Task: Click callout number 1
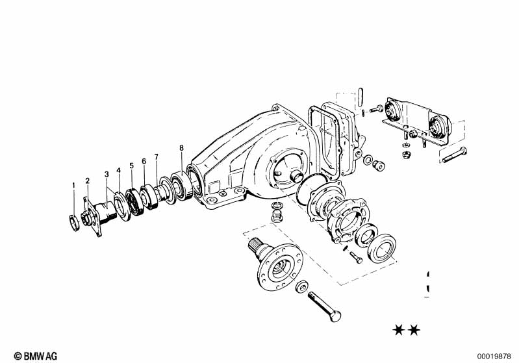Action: click(x=74, y=185)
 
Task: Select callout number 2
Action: click(x=88, y=181)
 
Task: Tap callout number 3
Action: click(x=107, y=175)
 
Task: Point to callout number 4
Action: click(x=119, y=170)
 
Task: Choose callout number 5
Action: click(x=131, y=166)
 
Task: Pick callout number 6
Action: click(x=144, y=161)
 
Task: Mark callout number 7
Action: click(x=157, y=156)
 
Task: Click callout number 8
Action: click(x=181, y=148)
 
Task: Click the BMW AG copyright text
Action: click(x=36, y=356)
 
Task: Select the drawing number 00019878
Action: click(x=494, y=357)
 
